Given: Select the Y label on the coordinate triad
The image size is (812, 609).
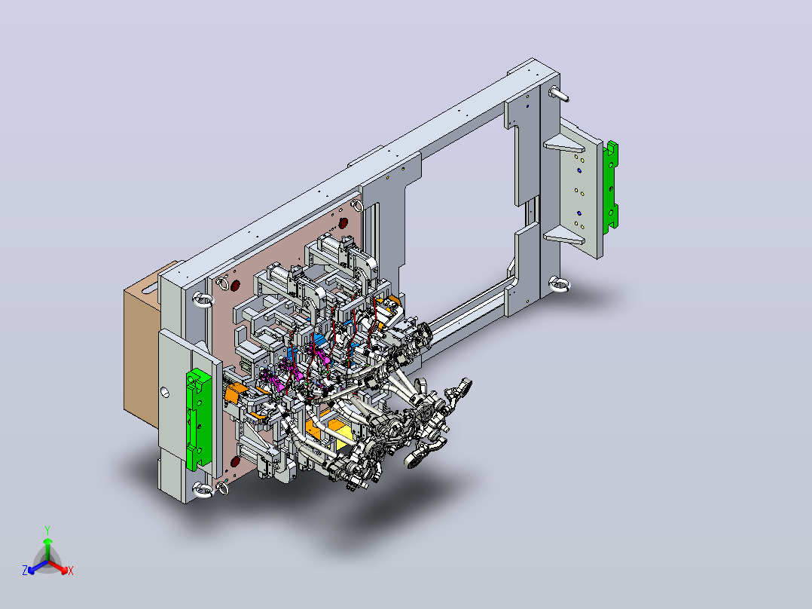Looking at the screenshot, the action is (x=47, y=530).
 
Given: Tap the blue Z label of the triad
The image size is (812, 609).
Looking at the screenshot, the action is (x=24, y=571).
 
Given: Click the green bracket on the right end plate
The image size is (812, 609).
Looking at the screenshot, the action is (x=611, y=185).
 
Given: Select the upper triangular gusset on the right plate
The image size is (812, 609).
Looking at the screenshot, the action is (x=563, y=144).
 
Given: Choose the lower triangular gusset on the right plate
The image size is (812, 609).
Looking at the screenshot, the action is (x=563, y=236).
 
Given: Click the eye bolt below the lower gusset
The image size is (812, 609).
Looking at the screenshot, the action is (x=559, y=284).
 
